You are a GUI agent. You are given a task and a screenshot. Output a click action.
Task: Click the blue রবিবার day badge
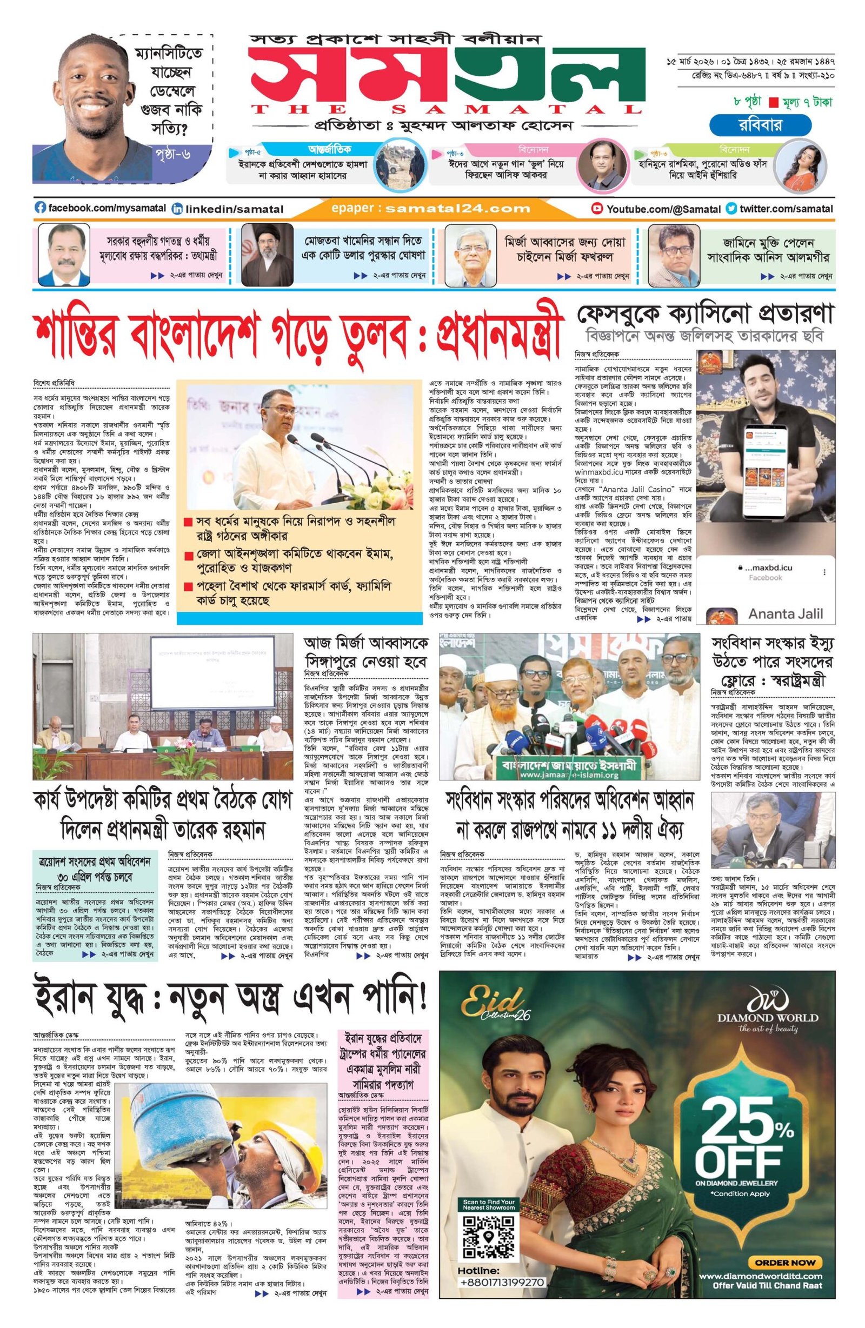tap(746, 125)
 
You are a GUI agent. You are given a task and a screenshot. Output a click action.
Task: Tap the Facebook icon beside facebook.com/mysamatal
tap(40, 208)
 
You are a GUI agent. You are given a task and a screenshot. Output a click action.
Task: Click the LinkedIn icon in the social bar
tap(177, 209)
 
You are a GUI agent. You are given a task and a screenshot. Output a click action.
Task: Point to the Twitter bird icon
tap(731, 209)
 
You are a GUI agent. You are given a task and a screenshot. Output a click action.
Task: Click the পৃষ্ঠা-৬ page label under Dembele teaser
tap(175, 153)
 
